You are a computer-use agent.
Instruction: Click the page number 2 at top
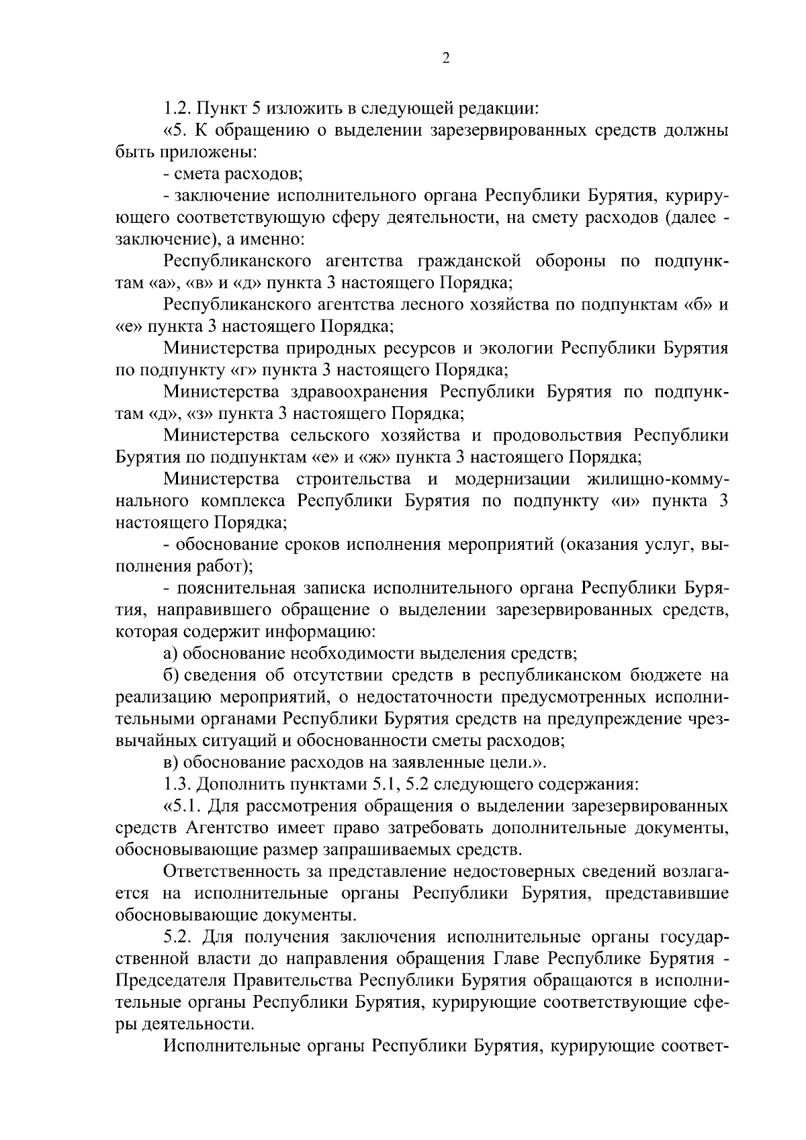[x=445, y=58]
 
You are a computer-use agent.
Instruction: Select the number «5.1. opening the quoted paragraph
[x=185, y=806]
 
